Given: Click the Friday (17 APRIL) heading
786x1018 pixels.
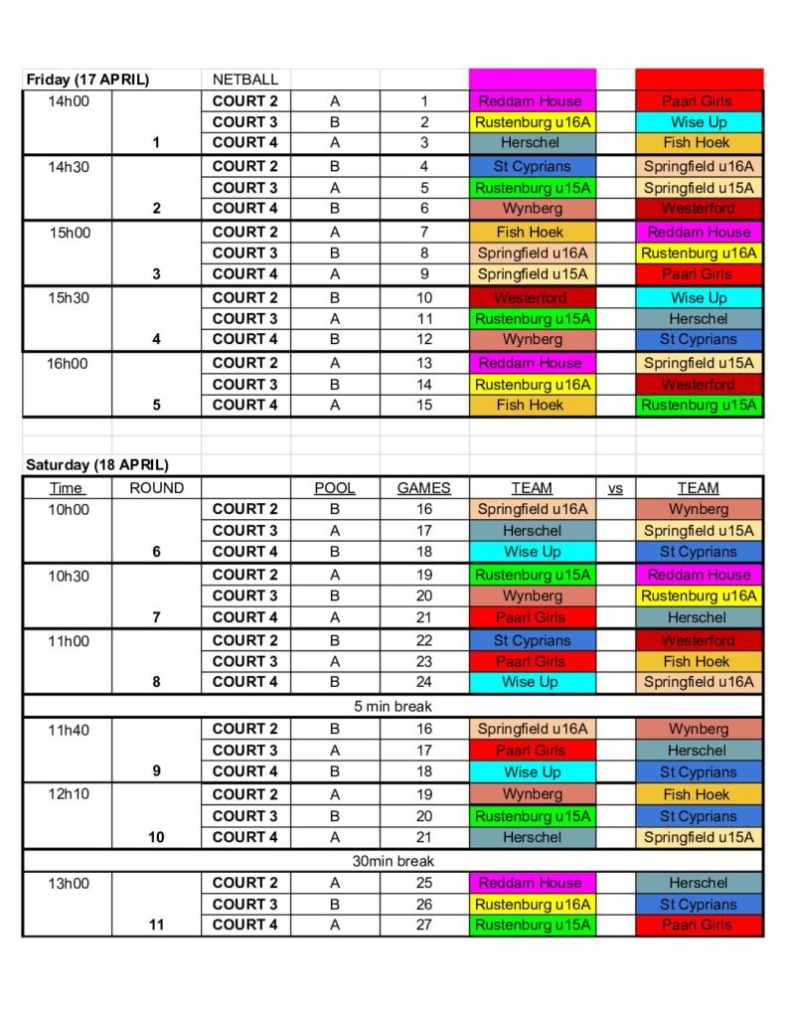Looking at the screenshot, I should (87, 80).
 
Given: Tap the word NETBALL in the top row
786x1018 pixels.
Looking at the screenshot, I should (245, 80).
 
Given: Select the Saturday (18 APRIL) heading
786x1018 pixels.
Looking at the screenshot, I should (97, 464).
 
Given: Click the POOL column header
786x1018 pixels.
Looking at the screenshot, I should (334, 488).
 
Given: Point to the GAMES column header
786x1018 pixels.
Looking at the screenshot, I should (423, 488).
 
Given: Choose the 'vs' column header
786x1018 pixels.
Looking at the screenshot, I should (615, 488).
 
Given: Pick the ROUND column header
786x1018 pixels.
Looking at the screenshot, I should (156, 488).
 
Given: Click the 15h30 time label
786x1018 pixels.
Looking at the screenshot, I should (68, 297).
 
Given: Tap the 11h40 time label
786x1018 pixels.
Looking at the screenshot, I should (68, 729).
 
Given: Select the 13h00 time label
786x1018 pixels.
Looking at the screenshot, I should (68, 883).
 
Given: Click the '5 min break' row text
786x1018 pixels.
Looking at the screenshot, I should (393, 707).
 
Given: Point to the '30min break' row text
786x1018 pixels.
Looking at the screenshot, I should (393, 861).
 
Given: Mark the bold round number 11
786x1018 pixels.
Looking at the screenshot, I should (156, 925).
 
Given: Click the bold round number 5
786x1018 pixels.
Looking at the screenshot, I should (156, 405).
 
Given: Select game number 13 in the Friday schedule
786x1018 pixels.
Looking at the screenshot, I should (423, 363).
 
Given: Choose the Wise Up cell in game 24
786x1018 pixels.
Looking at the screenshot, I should (532, 682).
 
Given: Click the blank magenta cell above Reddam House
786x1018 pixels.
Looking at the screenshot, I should (532, 80).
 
